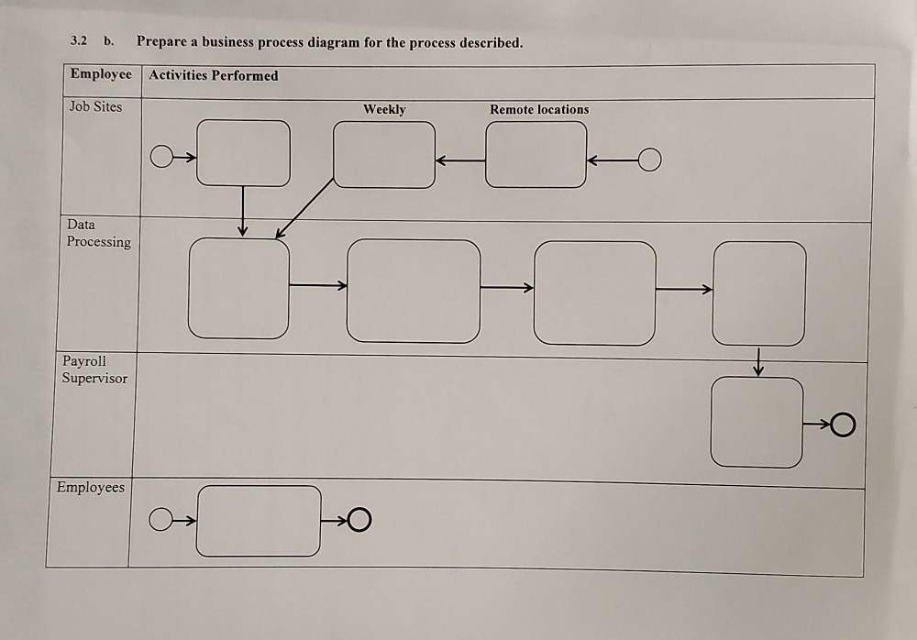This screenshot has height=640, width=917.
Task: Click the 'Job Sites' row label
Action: (x=95, y=106)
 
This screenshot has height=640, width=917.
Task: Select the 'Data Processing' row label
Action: (x=98, y=233)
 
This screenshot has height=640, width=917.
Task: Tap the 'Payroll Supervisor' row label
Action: (x=95, y=370)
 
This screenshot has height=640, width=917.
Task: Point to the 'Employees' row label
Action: (x=90, y=487)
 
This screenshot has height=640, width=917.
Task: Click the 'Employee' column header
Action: (x=101, y=74)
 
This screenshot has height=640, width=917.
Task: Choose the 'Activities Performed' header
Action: (x=214, y=75)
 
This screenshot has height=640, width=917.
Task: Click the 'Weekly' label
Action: (x=384, y=109)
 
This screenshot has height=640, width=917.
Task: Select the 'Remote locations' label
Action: (x=539, y=109)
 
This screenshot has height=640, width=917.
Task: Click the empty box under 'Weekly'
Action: (x=384, y=155)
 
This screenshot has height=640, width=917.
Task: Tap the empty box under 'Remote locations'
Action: (x=536, y=155)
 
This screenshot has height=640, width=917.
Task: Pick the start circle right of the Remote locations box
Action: (x=649, y=160)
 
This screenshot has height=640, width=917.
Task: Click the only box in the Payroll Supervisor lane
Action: (x=757, y=422)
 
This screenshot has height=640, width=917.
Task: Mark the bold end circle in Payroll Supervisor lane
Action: (x=844, y=425)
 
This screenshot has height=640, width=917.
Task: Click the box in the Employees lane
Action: (x=259, y=521)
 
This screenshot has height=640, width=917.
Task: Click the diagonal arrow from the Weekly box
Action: (x=304, y=207)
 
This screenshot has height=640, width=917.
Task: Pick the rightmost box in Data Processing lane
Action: (x=759, y=293)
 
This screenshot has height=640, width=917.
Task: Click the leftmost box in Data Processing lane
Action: (x=238, y=288)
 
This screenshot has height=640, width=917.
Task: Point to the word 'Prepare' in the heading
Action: (x=164, y=42)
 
